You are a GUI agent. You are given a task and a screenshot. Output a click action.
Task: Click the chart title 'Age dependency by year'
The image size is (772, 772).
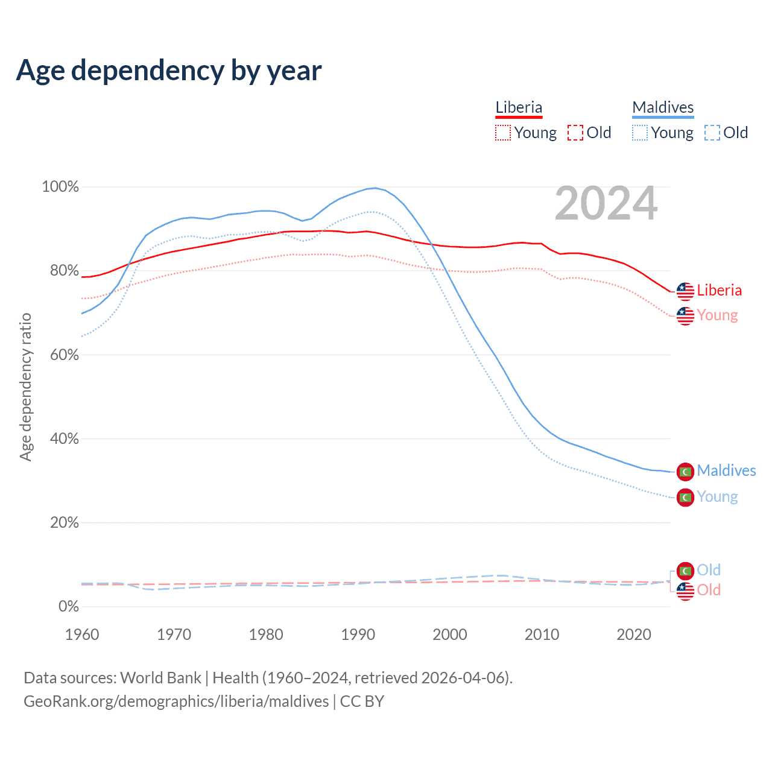pyautogui.click(x=169, y=71)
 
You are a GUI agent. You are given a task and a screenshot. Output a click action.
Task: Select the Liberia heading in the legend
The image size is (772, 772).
pyautogui.click(x=519, y=107)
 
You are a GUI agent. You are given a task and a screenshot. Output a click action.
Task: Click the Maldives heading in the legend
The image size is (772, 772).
pyautogui.click(x=663, y=107)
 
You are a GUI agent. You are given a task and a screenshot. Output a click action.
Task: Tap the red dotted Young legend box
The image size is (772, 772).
pyautogui.click(x=503, y=133)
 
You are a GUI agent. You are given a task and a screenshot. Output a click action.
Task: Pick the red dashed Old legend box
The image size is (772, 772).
pyautogui.click(x=575, y=133)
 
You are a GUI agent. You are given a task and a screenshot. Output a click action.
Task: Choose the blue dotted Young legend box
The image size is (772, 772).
pyautogui.click(x=640, y=133)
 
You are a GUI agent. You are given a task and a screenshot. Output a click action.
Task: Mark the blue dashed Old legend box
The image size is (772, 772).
pyautogui.click(x=712, y=133)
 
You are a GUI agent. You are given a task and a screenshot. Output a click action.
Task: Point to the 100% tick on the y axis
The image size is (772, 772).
pyautogui.click(x=60, y=187)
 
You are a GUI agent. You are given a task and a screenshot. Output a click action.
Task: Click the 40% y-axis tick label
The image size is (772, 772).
pyautogui.click(x=64, y=439)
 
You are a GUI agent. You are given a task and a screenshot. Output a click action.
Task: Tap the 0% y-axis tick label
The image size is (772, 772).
pyautogui.click(x=68, y=607)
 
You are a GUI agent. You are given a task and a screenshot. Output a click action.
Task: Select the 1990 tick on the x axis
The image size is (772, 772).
pyautogui.click(x=358, y=634)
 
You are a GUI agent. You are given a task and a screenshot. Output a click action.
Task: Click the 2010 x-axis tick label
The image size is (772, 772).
pyautogui.click(x=542, y=634)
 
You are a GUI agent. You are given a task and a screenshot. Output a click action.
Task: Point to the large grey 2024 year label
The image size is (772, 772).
pyautogui.click(x=606, y=204)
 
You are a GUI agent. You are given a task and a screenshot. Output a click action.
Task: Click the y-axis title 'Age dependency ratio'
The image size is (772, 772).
pyautogui.click(x=25, y=387)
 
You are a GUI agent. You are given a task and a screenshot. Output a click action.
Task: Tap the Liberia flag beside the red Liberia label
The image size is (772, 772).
pyautogui.click(x=685, y=291)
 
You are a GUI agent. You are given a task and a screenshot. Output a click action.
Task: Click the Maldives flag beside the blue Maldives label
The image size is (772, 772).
pyautogui.click(x=685, y=472)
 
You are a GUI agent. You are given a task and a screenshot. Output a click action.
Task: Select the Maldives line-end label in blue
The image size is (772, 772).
pyautogui.click(x=726, y=470)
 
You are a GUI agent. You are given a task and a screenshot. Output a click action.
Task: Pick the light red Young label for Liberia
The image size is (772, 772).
pyautogui.click(x=717, y=315)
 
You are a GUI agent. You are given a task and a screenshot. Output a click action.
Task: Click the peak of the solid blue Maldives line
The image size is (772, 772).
pyautogui.click(x=375, y=188)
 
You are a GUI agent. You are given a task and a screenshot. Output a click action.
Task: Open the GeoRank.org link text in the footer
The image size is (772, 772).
pyautogui.click(x=176, y=701)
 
